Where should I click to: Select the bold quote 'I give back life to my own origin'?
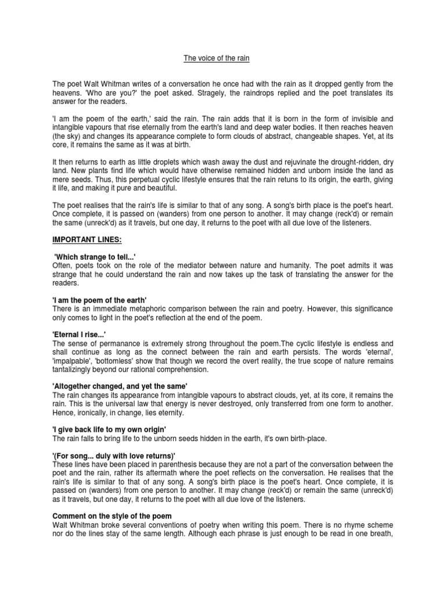[108, 428]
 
